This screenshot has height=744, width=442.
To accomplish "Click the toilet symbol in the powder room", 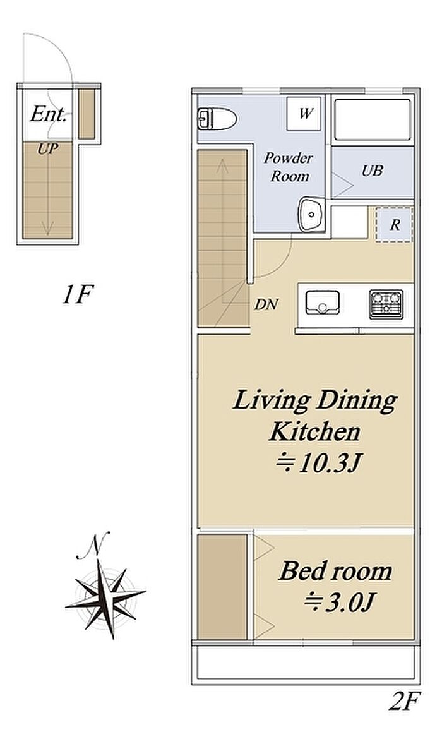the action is [217, 119].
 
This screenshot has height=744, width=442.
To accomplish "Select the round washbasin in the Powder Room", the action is [311, 215].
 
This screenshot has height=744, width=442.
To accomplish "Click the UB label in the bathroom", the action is [373, 171].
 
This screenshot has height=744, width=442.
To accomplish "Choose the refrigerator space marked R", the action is [395, 224].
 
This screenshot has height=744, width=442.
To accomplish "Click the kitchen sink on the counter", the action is [323, 303].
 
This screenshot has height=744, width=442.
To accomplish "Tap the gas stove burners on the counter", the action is [386, 304].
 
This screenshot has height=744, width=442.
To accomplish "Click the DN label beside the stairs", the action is [266, 304].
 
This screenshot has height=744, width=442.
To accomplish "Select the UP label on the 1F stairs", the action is [48, 149].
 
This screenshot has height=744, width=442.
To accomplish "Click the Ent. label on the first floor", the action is [48, 114].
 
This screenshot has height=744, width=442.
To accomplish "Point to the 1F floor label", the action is [76, 295].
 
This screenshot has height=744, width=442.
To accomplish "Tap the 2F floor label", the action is [405, 701].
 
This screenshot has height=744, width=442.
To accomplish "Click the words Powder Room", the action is [289, 167].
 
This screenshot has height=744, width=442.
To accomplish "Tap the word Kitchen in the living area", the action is [314, 431].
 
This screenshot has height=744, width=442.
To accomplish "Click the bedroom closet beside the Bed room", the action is [222, 587].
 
